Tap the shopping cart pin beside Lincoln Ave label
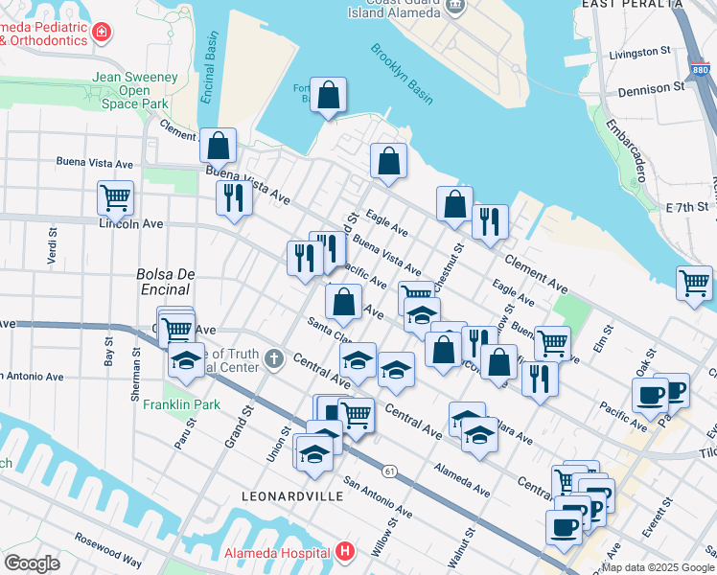[115, 197]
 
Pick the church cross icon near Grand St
[275, 359]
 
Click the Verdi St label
[51, 248]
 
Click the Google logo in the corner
[32, 563]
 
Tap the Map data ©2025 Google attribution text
[658, 567]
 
